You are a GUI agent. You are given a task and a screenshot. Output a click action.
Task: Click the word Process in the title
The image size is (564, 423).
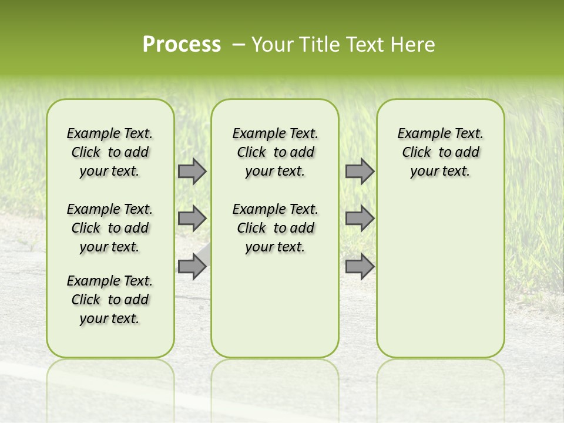pos(182,44)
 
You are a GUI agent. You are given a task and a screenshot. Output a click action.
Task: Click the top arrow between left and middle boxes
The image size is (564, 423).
pos(192,172)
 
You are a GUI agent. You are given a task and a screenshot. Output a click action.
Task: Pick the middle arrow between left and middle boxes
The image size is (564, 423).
pos(192,219)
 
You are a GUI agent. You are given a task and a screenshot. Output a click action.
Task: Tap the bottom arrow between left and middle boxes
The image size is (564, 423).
pos(192,266)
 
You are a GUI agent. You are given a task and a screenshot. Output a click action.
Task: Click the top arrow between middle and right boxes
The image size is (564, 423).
pos(360,172)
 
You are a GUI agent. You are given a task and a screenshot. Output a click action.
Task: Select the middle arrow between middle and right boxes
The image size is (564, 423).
pos(360,219)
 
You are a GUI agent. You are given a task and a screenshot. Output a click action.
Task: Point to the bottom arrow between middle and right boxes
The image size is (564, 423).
pos(360,266)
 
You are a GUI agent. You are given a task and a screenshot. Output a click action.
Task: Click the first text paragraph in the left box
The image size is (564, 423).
pos(110,152)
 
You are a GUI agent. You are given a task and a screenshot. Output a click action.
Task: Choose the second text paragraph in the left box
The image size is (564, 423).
pos(110,228)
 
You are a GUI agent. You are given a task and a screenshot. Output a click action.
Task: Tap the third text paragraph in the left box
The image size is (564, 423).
pos(110,300)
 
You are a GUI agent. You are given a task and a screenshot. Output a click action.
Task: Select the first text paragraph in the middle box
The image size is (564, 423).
pos(275,152)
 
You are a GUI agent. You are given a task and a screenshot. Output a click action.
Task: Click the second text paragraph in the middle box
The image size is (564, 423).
pos(275,228)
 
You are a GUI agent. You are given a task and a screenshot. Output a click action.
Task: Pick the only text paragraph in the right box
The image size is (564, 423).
pos(440,152)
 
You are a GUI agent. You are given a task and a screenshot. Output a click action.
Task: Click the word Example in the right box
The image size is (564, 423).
pos(420,134)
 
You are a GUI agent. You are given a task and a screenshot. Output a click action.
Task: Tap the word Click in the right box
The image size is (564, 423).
pos(417,153)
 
